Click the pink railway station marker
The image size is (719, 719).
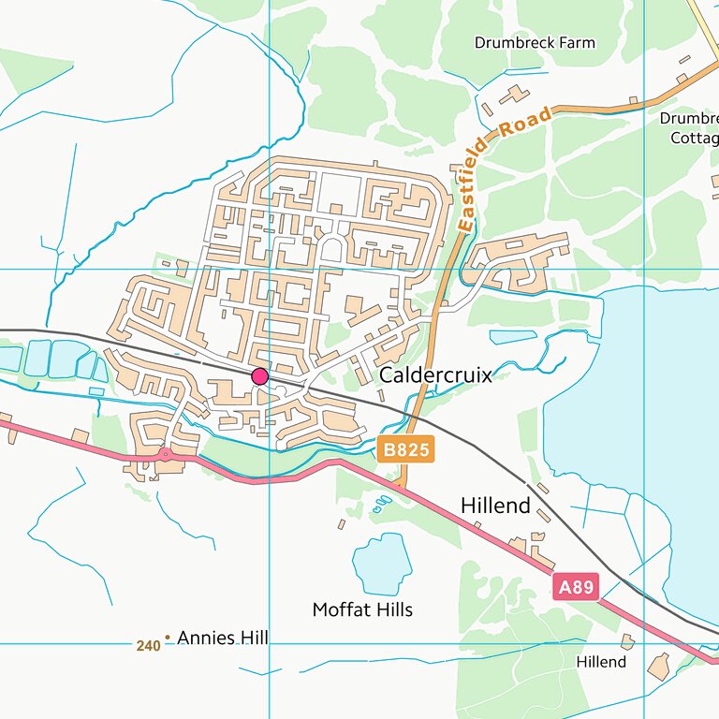(260, 376)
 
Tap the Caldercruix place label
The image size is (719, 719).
(435, 375)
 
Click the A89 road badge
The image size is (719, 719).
(576, 588)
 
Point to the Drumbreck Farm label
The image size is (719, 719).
(534, 43)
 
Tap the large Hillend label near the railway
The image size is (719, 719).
(495, 506)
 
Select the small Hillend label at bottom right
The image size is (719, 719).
(601, 662)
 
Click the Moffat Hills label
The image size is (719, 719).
(362, 610)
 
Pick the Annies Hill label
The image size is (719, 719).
(222, 638)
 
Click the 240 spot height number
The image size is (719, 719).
(147, 645)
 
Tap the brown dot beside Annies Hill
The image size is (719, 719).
(168, 638)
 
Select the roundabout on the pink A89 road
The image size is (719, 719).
(165, 455)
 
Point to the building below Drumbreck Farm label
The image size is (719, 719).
(513, 95)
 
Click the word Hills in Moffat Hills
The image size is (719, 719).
(390, 610)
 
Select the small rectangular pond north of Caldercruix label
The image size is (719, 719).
(514, 336)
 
